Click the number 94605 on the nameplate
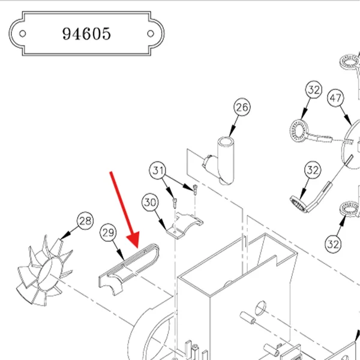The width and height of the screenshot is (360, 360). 86,34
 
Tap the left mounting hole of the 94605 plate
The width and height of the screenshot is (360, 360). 23,34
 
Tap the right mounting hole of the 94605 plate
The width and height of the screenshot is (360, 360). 151,34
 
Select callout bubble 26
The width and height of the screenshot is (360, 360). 242,107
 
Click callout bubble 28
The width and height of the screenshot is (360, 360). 85,221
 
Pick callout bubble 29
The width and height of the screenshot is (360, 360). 108,232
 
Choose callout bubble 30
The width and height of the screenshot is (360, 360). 150,202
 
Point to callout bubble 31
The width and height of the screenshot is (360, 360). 158,170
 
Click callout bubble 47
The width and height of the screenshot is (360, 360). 335,98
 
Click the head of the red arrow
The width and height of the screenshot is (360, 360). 134,240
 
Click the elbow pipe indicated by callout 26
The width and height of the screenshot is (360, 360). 221,160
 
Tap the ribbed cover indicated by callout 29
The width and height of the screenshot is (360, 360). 128,269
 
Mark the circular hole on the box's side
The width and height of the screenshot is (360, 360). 260,308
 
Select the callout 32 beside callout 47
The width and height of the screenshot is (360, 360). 314,89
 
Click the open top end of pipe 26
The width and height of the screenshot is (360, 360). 225,141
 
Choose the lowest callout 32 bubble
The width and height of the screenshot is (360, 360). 333,244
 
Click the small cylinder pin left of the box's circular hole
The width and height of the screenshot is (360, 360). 247,317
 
